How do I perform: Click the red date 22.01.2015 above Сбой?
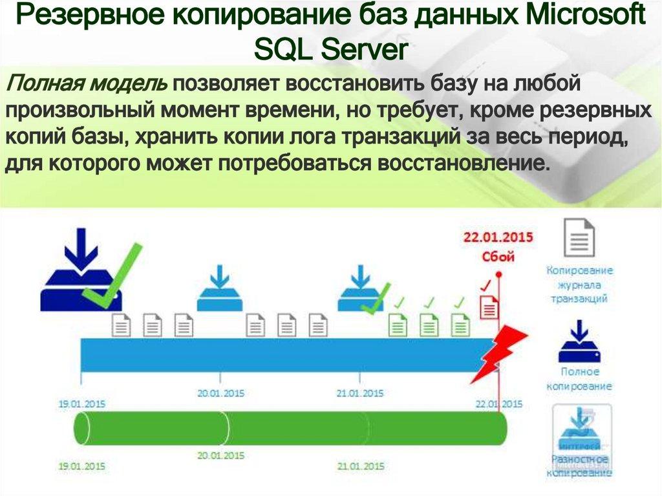(498, 237)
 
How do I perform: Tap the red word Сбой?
(498, 256)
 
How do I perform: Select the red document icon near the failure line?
(490, 305)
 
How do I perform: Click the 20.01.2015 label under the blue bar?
(220, 393)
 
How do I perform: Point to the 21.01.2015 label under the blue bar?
(360, 393)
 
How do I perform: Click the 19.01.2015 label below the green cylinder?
(81, 465)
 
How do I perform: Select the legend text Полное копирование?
(579, 379)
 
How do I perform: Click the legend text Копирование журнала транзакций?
(579, 285)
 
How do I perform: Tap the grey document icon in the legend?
(579, 237)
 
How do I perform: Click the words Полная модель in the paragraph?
(87, 84)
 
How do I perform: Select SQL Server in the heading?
(330, 50)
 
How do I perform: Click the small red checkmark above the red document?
(486, 285)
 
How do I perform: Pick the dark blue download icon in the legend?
(580, 343)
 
